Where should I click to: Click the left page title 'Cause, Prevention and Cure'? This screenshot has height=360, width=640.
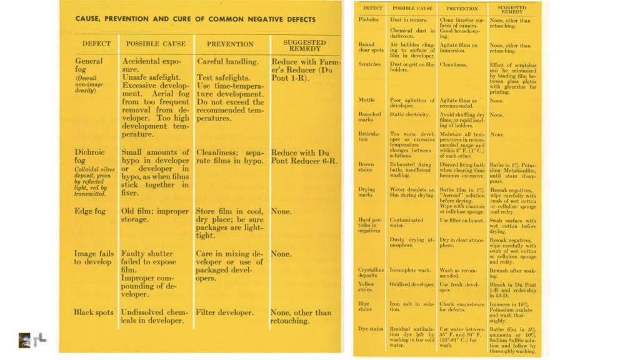[196, 19]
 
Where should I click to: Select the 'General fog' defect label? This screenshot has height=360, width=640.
[89, 66]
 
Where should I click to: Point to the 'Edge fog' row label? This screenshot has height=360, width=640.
[91, 211]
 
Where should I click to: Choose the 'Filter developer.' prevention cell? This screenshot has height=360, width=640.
[225, 312]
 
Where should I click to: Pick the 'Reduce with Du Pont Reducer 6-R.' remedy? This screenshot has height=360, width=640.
[304, 157]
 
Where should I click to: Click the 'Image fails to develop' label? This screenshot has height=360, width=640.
[94, 257]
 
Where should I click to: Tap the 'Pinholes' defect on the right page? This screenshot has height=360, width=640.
[369, 21]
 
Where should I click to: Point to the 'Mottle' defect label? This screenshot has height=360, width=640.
[367, 100]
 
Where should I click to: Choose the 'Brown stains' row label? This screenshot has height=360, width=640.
[367, 167]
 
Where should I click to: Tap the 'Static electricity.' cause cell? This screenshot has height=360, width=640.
[410, 114]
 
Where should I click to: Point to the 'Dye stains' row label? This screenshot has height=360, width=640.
[371, 329]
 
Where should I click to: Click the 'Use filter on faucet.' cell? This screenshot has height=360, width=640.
[462, 220]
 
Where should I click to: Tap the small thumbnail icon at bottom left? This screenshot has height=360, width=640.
[24, 339]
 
